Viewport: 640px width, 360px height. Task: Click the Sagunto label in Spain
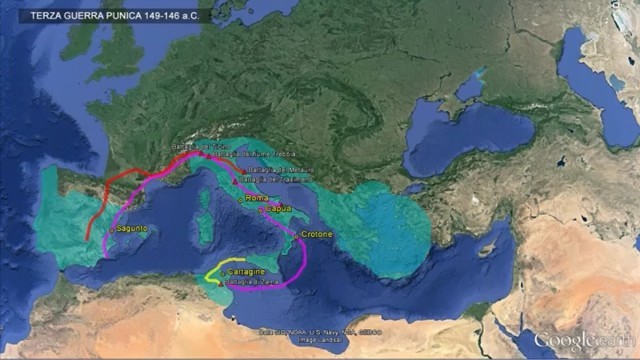(132, 229)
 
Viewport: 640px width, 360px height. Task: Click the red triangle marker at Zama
(222, 281)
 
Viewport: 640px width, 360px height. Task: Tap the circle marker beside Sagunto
(113, 229)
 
